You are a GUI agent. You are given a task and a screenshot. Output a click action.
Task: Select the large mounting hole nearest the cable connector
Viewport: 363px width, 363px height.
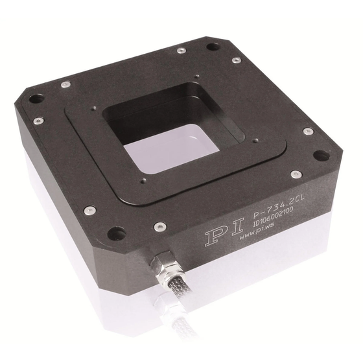117,233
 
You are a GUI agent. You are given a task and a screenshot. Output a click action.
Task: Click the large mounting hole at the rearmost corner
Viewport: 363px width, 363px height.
213,47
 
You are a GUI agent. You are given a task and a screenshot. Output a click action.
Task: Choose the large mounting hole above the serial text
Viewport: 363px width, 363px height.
320,156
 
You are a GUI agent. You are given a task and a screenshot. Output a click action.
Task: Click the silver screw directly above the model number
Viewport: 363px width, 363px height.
296,174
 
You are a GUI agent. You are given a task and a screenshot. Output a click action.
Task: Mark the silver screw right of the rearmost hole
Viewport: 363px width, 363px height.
237,60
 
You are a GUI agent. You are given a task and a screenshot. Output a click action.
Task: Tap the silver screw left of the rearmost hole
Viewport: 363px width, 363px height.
180,50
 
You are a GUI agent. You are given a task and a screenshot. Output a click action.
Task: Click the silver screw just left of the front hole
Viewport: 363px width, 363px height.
89,210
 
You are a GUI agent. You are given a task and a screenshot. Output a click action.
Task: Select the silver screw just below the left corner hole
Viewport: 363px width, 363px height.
39,121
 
